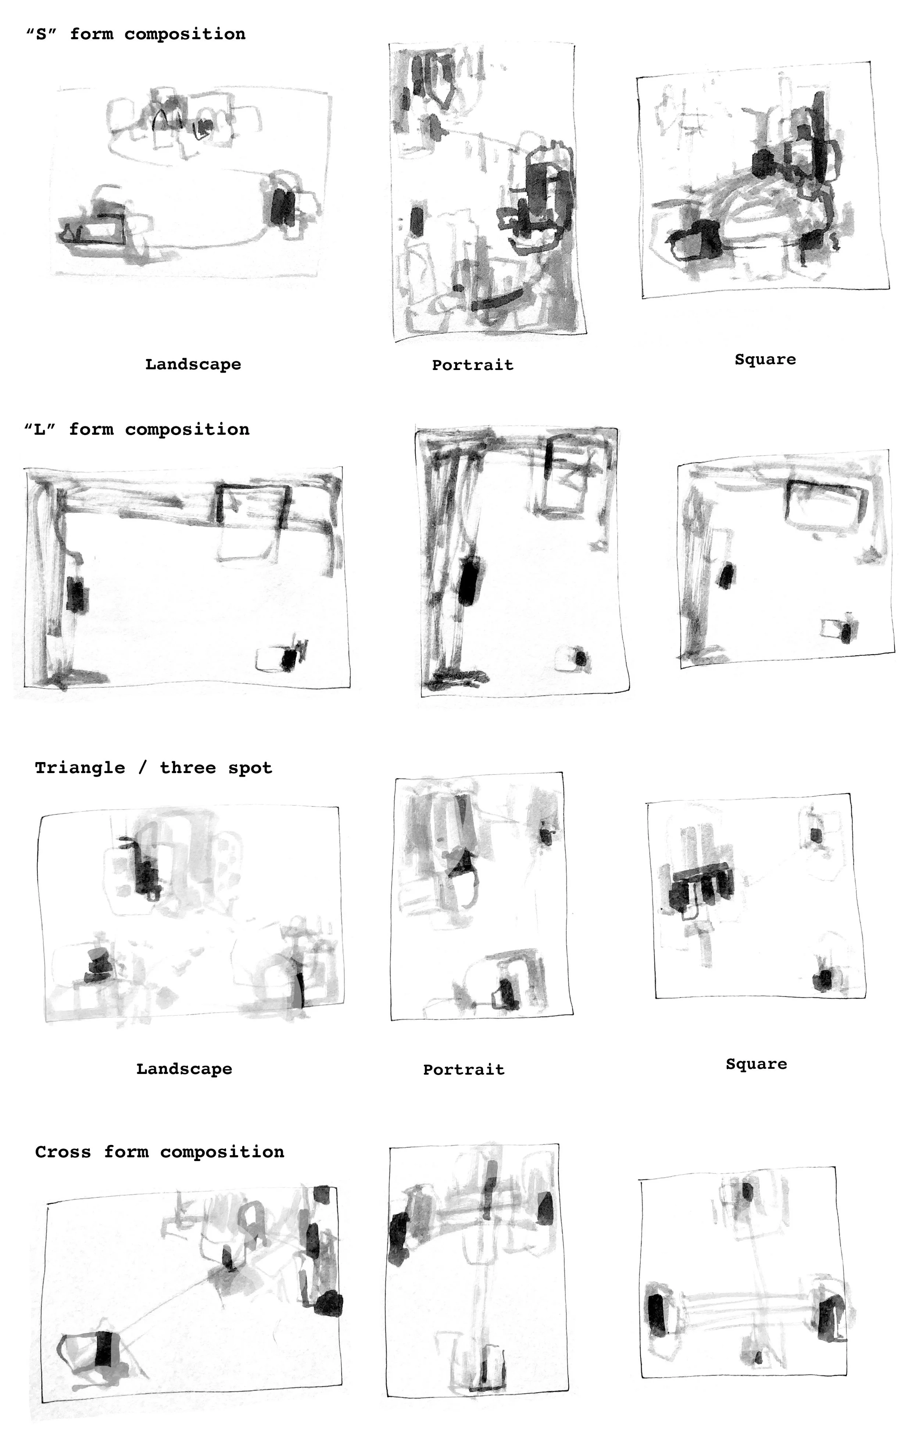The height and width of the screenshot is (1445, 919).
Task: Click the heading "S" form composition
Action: click(x=136, y=34)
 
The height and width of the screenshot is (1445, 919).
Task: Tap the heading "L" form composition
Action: click(x=137, y=430)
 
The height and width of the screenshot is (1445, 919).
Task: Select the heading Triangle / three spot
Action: click(x=154, y=768)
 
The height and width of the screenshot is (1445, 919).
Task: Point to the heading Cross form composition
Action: click(x=160, y=1152)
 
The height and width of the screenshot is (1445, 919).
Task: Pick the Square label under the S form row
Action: click(x=765, y=359)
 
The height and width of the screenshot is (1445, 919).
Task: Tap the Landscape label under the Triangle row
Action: click(x=184, y=1069)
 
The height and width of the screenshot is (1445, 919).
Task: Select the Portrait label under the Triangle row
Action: click(x=464, y=1070)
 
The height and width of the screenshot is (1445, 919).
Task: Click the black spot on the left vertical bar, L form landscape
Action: click(x=76, y=594)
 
